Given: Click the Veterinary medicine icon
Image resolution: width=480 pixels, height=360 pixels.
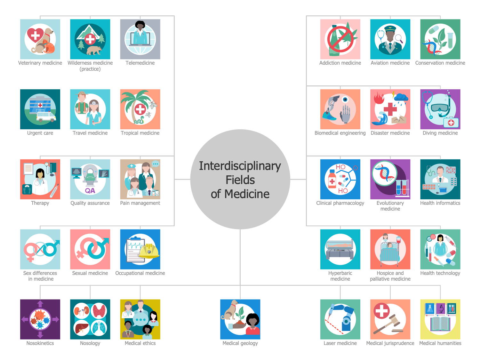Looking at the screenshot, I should pyautogui.click(x=40, y=39).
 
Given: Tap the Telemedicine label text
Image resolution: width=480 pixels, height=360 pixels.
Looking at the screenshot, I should pyautogui.click(x=140, y=63).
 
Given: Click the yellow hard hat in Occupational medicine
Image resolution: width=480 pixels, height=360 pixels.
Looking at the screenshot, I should pyautogui.click(x=149, y=251).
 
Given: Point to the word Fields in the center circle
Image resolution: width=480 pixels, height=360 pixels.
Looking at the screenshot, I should pyautogui.click(x=240, y=180).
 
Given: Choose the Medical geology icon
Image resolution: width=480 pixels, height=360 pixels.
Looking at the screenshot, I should pyautogui.click(x=240, y=319).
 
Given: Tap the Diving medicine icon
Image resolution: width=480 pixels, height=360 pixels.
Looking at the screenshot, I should pyautogui.click(x=440, y=109).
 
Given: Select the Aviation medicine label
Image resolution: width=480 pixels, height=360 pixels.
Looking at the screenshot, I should pyautogui.click(x=390, y=63).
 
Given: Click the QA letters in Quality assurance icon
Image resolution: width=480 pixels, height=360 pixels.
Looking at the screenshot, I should pyautogui.click(x=90, y=191).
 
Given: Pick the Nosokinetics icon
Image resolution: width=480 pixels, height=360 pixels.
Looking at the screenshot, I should pyautogui.click(x=40, y=319).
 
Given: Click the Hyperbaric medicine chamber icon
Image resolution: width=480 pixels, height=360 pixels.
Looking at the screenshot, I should pyautogui.click(x=340, y=249).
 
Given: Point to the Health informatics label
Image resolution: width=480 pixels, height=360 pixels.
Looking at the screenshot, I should pyautogui.click(x=440, y=203).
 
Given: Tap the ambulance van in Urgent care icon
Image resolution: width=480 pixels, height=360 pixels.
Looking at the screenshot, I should pyautogui.click(x=46, y=116).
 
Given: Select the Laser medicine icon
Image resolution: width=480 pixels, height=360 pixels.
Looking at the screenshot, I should pyautogui.click(x=340, y=319).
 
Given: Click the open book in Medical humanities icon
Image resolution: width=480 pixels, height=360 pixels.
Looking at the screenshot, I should pyautogui.click(x=440, y=324).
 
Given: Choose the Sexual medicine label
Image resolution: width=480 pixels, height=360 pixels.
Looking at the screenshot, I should pyautogui.click(x=90, y=273).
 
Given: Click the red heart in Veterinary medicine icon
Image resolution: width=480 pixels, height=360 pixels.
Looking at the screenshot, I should pyautogui.click(x=35, y=36).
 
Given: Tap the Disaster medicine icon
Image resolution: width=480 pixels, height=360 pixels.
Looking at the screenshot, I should pyautogui.click(x=390, y=109).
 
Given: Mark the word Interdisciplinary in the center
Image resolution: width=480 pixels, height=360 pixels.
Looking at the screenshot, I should pyautogui.click(x=240, y=166).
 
